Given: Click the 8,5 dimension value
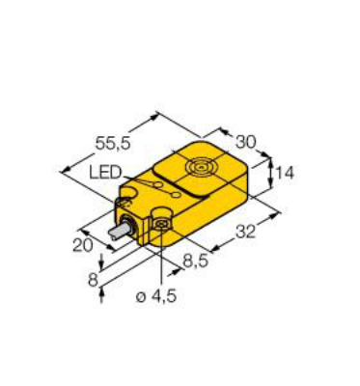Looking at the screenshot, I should click(197, 262).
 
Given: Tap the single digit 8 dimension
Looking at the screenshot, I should click(92, 280).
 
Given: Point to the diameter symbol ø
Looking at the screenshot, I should click(144, 296).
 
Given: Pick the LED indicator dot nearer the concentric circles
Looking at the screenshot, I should click(173, 198).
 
